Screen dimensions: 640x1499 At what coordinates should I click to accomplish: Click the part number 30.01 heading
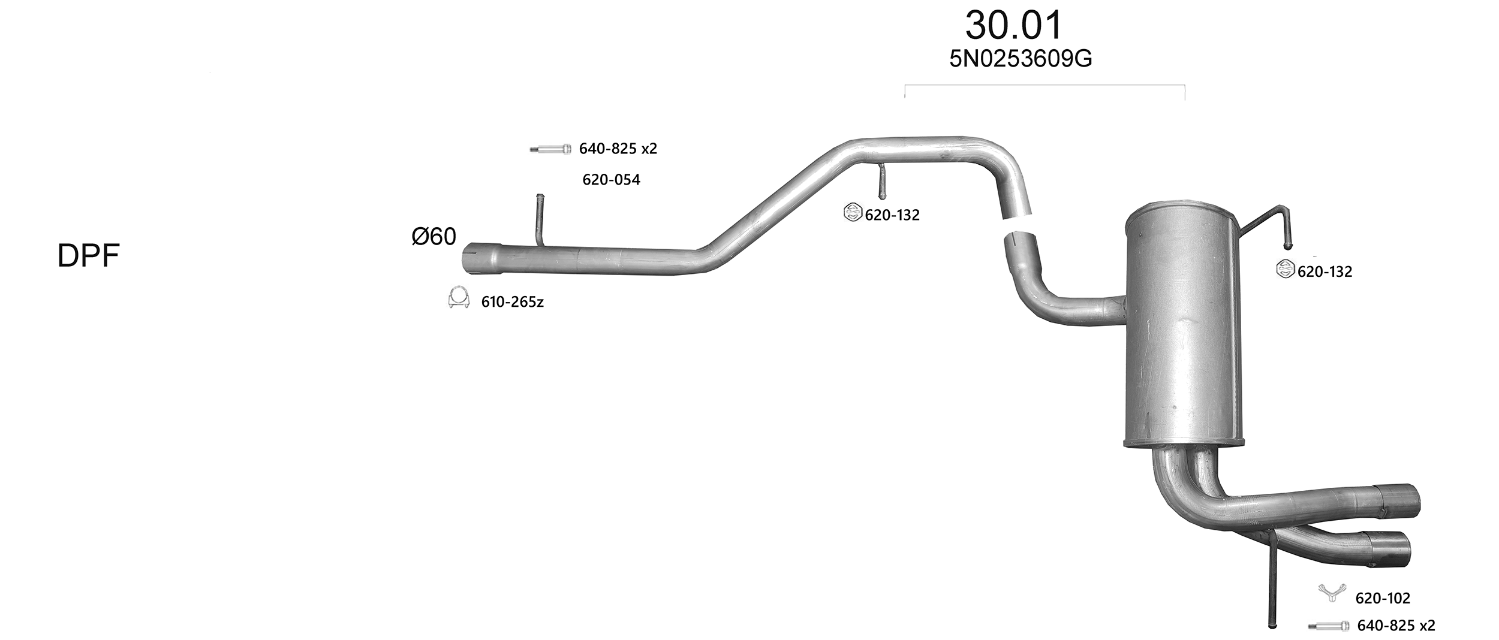[1013, 26]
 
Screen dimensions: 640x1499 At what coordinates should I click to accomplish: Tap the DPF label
[89, 256]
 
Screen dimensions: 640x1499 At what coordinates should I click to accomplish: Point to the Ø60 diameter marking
[434, 237]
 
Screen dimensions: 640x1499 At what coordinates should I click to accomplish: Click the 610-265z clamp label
[512, 302]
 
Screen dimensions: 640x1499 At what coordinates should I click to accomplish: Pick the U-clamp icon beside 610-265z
[458, 298]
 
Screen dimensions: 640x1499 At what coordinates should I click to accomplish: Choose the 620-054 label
[611, 180]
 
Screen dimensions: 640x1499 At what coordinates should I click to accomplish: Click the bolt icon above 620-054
[550, 149]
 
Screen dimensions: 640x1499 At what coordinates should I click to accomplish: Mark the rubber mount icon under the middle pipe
[853, 213]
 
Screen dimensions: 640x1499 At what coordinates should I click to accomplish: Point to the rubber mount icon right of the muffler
[1285, 269]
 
